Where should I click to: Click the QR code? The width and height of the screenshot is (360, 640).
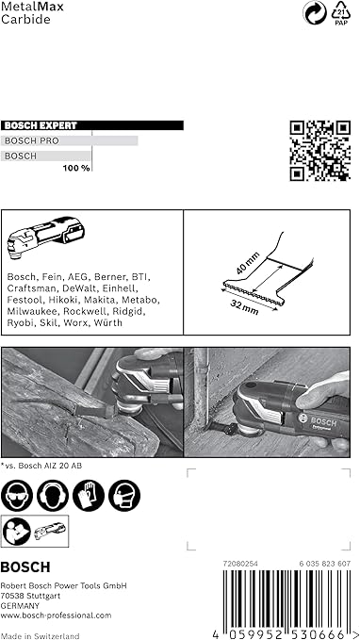tap(320, 151)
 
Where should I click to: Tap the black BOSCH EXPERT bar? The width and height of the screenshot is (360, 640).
tap(92, 125)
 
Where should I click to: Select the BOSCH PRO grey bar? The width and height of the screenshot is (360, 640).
tap(70, 140)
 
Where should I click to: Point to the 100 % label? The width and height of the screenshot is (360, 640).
tap(76, 168)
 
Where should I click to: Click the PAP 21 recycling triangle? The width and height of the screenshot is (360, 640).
tap(341, 13)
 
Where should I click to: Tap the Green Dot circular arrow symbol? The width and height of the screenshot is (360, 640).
tap(315, 13)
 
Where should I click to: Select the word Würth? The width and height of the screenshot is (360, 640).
tap(108, 323)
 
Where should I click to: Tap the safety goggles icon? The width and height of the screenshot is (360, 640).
tap(17, 496)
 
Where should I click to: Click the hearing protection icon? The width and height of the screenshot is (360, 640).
tap(53, 496)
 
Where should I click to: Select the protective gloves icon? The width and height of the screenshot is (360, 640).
tap(89, 496)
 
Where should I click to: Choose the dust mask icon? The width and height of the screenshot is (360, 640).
tap(124, 496)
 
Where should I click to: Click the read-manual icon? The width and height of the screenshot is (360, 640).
tap(17, 531)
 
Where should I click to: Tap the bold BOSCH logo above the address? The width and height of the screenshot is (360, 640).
tap(25, 566)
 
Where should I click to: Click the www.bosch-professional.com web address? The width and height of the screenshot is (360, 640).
tap(56, 615)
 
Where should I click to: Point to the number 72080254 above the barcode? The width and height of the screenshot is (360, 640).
tap(240, 564)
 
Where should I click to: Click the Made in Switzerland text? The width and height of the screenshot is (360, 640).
tap(40, 636)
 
